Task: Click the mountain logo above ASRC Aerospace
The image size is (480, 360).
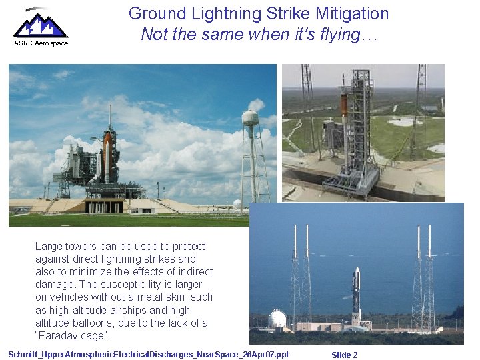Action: tap(40, 24)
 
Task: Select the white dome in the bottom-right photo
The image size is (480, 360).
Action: tap(277, 319)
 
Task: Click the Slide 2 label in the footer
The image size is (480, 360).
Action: tap(345, 355)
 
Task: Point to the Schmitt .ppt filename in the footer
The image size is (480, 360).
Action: tap(149, 354)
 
